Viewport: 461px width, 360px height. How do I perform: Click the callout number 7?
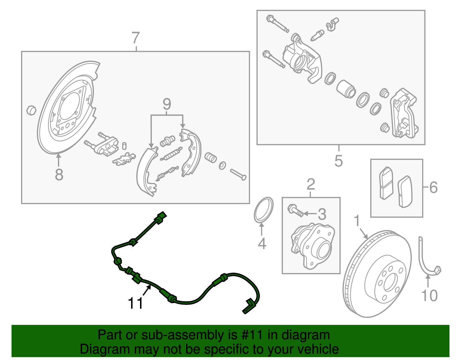tap(136, 38)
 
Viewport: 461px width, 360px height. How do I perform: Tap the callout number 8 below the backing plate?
tap(59, 175)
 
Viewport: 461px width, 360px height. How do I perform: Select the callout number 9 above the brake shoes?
tap(167, 104)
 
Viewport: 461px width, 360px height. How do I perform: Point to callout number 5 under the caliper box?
tap(339, 161)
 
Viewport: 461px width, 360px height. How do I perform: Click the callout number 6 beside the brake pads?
tap(433, 187)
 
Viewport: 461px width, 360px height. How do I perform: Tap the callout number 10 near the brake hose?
tap(429, 296)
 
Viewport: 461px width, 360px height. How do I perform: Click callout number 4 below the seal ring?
tap(262, 244)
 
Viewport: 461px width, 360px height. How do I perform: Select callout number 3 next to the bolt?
tap(322, 214)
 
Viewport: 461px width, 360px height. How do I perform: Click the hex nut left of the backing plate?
tap(31, 110)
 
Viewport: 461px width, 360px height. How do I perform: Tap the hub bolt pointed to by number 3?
tap(295, 210)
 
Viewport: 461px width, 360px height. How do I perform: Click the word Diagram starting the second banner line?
tap(97, 349)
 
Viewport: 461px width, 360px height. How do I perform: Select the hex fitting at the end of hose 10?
tap(437, 270)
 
